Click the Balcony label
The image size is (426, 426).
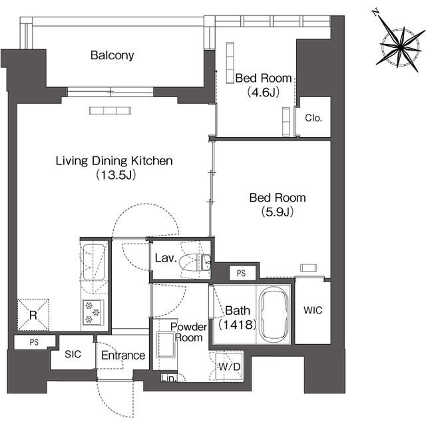(x=112, y=55)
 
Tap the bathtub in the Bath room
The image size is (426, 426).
(x=274, y=314)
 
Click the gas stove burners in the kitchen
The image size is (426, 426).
(x=93, y=312)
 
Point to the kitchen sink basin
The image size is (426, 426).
(x=93, y=262)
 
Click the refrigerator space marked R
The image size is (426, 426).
(x=33, y=315)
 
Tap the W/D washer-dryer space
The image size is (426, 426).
(x=229, y=367)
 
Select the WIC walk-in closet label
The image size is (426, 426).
(x=313, y=310)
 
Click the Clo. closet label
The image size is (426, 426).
(x=314, y=118)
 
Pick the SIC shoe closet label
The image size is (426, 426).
(x=73, y=354)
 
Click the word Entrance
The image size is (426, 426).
(x=123, y=355)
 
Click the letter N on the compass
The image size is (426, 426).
(x=375, y=12)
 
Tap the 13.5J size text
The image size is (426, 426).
(x=116, y=175)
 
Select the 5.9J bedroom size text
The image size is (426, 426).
(x=278, y=212)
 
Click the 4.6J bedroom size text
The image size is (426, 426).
(x=264, y=93)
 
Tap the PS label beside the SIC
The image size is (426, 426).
(x=34, y=342)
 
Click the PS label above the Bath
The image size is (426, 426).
(x=241, y=273)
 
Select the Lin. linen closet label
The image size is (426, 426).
(x=168, y=378)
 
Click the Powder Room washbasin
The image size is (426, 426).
(x=165, y=345)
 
